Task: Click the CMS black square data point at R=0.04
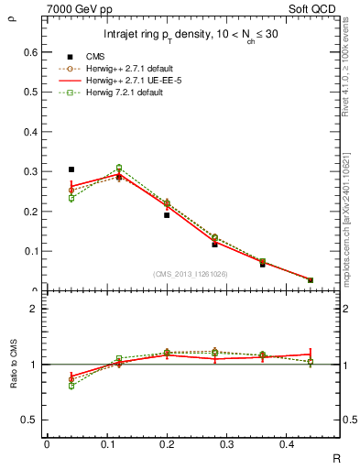(x=71, y=169)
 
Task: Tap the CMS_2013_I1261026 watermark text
(x=190, y=273)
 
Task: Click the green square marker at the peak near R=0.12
(x=118, y=168)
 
